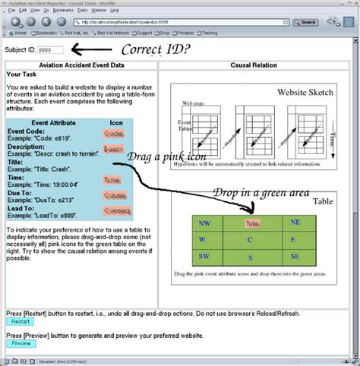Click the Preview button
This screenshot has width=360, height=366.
pyautogui.click(x=21, y=344)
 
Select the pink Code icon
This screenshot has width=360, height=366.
pyautogui.click(x=113, y=134)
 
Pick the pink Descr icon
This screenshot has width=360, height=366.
pyautogui.click(x=113, y=150)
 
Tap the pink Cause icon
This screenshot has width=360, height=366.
pyautogui.click(x=115, y=195)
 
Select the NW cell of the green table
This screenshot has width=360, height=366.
pyautogui.click(x=203, y=223)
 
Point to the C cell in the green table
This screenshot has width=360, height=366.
pyautogui.click(x=250, y=240)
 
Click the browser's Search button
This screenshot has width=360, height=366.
pyautogui.click(x=305, y=23)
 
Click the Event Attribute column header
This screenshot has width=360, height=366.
pyautogui.click(x=52, y=122)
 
